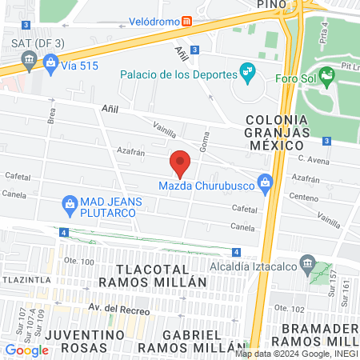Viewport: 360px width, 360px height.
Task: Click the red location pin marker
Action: click(181, 162)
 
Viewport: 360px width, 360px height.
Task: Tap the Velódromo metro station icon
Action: click(186, 22)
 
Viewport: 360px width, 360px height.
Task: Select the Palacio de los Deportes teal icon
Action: click(248, 74)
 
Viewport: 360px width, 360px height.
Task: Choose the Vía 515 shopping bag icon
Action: click(51, 61)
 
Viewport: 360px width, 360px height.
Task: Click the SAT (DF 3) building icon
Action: click(29, 58)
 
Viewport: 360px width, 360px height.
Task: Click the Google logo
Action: click(26, 350)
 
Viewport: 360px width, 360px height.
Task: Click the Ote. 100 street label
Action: click(78, 262)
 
